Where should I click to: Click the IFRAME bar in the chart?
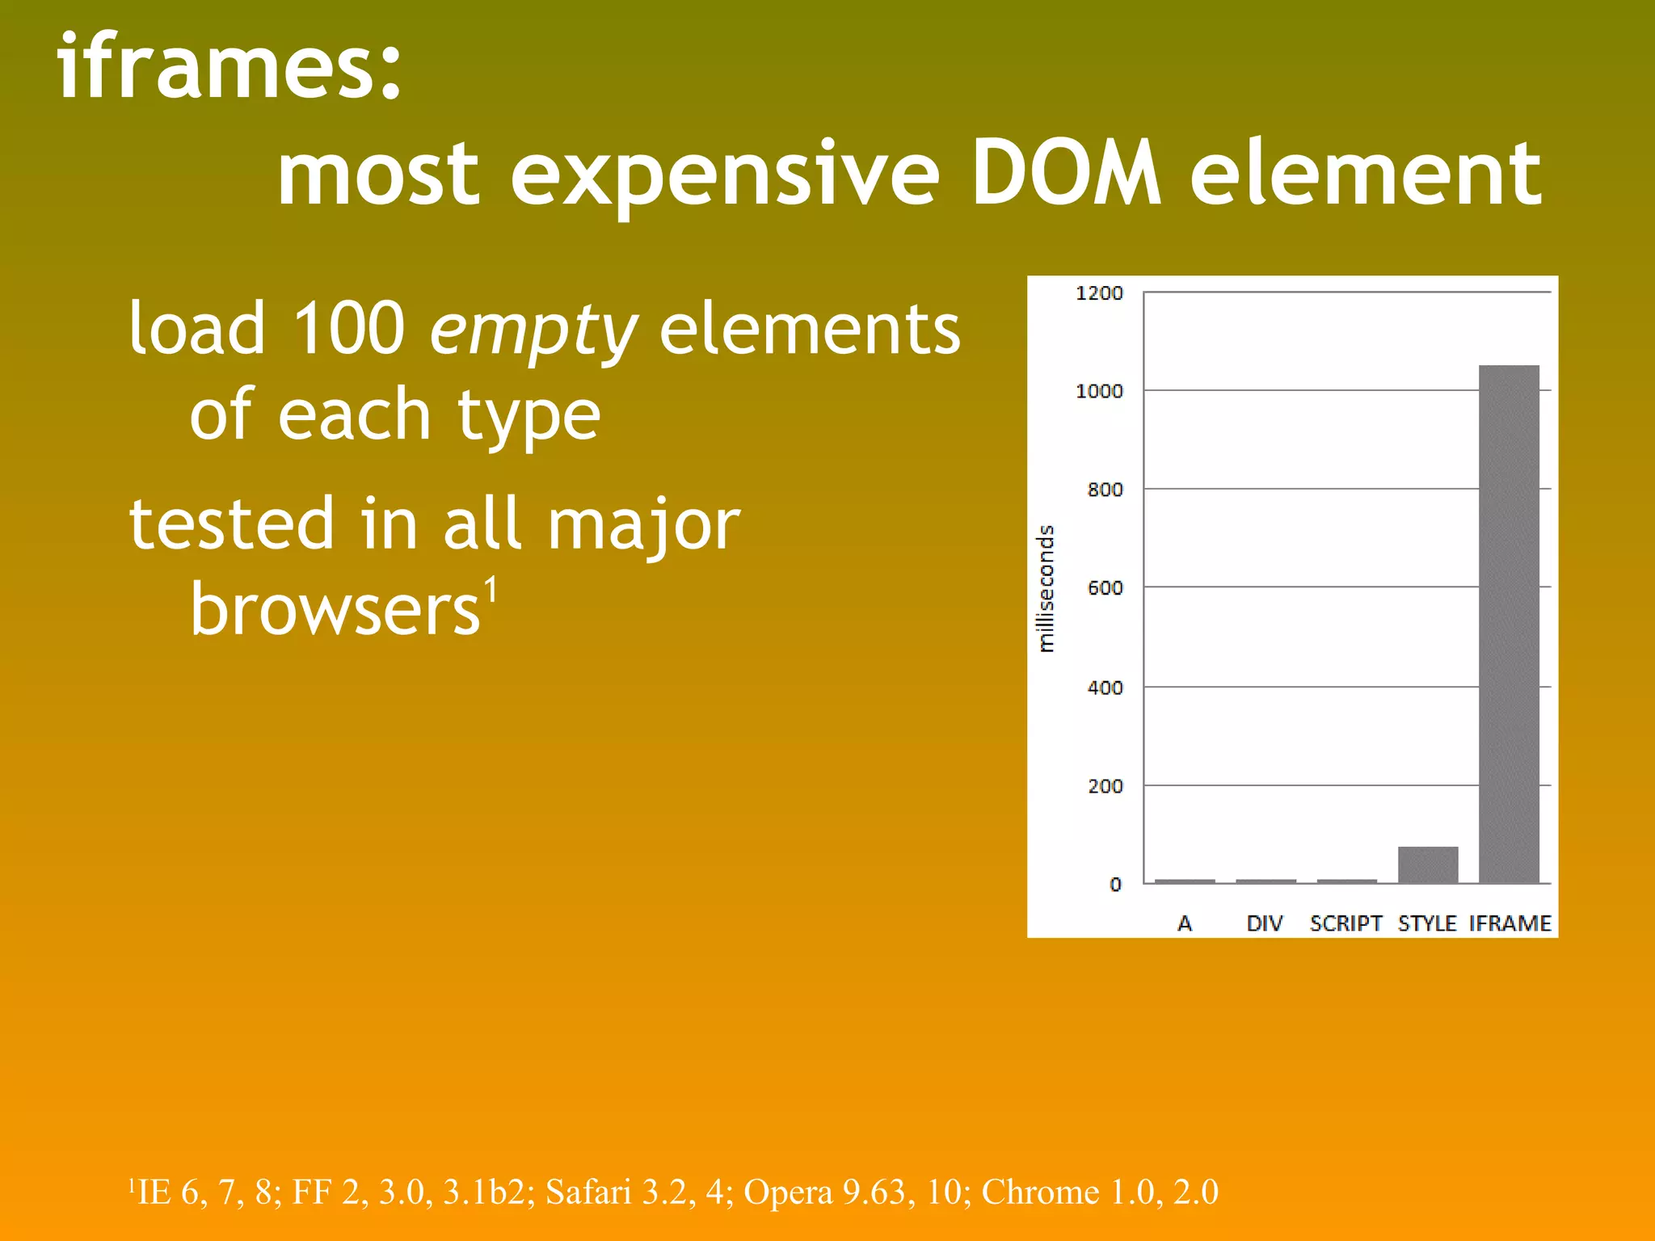click(x=1509, y=624)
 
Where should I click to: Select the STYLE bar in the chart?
click(x=1428, y=864)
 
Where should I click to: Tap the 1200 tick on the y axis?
click(x=1099, y=293)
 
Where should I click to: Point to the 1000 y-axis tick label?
click(x=1099, y=391)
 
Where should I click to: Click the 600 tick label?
click(x=1105, y=588)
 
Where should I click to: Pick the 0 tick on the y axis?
click(x=1115, y=885)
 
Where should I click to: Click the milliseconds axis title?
click(x=1046, y=588)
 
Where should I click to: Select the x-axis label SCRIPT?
click(x=1345, y=923)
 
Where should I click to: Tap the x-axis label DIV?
click(x=1265, y=923)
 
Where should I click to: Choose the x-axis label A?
click(x=1185, y=923)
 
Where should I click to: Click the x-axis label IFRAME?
click(x=1510, y=923)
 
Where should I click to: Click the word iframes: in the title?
click(x=230, y=66)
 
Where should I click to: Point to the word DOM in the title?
click(x=1065, y=173)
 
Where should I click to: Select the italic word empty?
click(x=533, y=330)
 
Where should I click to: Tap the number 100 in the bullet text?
click(x=348, y=328)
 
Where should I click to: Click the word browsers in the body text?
click(x=335, y=609)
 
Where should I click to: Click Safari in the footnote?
click(x=587, y=1192)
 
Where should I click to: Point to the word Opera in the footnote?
click(x=788, y=1192)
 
